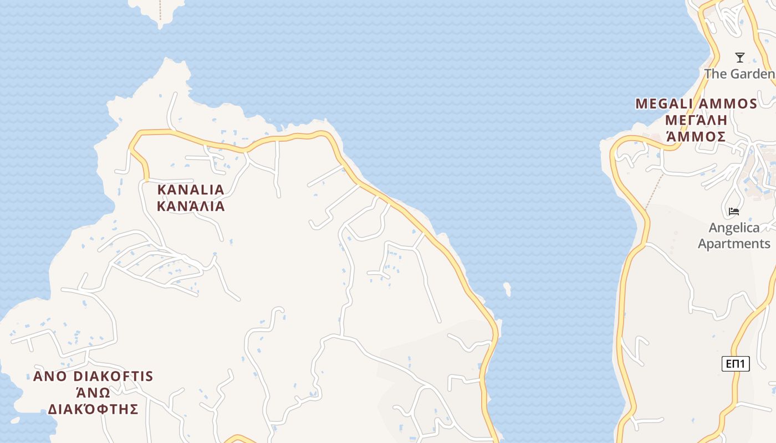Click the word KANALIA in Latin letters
tap(191, 189)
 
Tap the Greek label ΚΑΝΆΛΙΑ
tap(191, 207)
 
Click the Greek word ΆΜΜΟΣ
tap(696, 136)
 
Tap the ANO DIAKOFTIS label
tap(93, 377)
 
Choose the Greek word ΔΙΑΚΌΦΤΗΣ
tap(93, 409)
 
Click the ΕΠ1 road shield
tap(736, 364)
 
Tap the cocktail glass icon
tap(739, 58)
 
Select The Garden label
tap(739, 74)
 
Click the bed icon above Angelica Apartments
tap(734, 211)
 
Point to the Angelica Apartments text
tap(734, 235)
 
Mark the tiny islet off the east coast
tap(507, 289)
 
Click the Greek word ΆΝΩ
tap(93, 393)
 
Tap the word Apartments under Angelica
tap(734, 244)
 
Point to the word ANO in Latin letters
tap(50, 377)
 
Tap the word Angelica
tap(734, 228)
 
